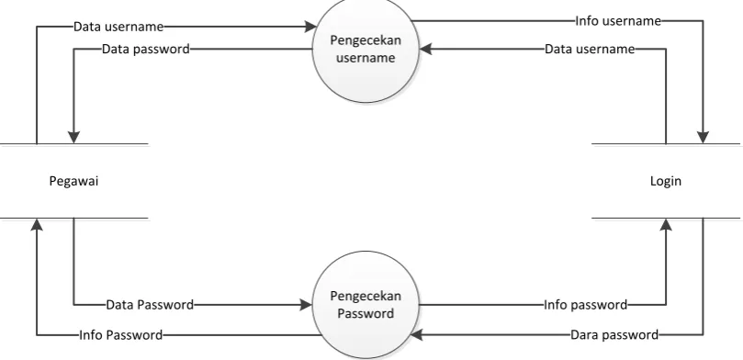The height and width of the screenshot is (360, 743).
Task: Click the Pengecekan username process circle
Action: coord(366,49)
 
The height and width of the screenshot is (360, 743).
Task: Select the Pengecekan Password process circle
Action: coord(366,305)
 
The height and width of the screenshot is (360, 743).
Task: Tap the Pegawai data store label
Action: coord(73,181)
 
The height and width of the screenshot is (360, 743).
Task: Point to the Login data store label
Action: coord(666,181)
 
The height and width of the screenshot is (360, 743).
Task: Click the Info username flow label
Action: coord(618,21)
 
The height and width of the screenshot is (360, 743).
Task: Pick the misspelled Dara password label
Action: coord(614,335)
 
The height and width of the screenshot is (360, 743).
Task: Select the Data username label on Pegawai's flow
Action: coord(118,27)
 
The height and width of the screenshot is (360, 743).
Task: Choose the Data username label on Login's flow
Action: coord(590,49)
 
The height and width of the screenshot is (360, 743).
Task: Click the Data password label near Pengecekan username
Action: coord(146,49)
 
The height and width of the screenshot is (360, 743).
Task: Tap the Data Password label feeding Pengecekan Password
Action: coord(150,305)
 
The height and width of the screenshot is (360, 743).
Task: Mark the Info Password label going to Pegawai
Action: coord(121,335)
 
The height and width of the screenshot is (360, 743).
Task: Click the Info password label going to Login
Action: coord(585,305)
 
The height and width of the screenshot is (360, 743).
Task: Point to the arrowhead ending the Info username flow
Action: coord(703,138)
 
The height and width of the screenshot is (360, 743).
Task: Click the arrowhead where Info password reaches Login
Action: coord(666,224)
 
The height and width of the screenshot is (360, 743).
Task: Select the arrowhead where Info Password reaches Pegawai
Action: coord(37,224)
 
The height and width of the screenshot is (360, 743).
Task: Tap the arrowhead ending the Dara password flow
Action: coord(416,335)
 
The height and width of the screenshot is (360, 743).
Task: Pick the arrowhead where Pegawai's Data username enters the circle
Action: coord(310,27)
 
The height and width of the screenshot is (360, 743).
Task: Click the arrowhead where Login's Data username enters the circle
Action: coord(425,49)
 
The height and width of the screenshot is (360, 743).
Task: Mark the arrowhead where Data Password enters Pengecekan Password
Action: coord(306,305)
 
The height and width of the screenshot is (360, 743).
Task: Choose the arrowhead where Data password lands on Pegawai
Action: coord(73,138)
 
